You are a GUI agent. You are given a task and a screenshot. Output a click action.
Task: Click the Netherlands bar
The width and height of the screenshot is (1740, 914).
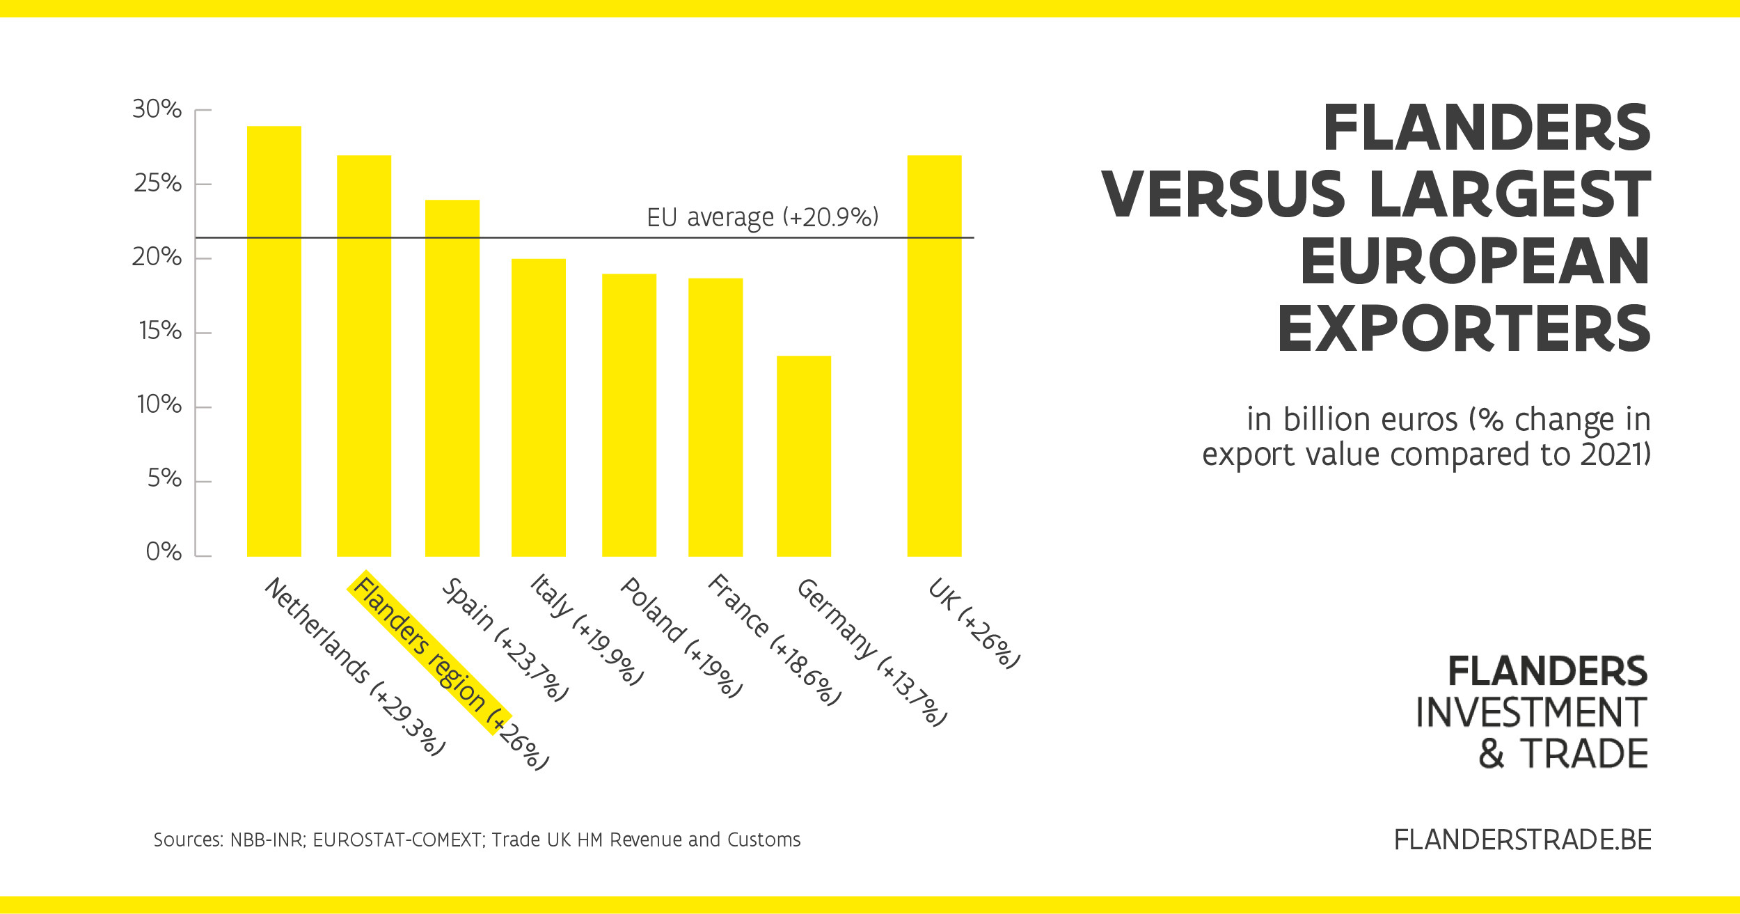(x=274, y=341)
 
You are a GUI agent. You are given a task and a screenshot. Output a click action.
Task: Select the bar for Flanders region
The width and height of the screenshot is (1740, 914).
(x=364, y=356)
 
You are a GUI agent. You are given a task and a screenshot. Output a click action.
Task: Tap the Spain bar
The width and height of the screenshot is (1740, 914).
(x=452, y=378)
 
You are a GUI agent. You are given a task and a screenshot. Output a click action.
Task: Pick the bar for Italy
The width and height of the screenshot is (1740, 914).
(x=539, y=407)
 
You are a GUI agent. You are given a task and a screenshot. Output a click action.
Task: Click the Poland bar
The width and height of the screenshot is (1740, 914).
(x=629, y=415)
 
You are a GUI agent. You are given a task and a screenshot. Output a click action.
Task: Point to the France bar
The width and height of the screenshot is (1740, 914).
(x=715, y=417)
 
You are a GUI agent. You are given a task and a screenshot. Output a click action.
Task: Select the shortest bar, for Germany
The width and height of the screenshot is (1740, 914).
(x=804, y=456)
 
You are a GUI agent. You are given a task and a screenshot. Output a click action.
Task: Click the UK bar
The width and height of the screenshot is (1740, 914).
(x=934, y=356)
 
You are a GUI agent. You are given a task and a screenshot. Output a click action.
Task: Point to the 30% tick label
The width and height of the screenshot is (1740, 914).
(x=157, y=109)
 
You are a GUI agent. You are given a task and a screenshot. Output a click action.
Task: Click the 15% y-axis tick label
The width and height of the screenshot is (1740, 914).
(x=160, y=331)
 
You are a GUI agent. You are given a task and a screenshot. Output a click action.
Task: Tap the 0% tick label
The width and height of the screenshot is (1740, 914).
(x=164, y=552)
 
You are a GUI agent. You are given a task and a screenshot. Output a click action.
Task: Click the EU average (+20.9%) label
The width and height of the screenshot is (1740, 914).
(x=763, y=217)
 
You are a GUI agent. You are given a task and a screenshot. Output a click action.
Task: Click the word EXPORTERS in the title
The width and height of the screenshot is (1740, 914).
(x=1464, y=329)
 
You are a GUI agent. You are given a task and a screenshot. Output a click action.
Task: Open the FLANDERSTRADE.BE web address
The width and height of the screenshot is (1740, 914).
(x=1522, y=840)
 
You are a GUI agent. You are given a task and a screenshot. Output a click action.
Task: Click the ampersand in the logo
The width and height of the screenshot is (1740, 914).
(x=1491, y=755)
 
